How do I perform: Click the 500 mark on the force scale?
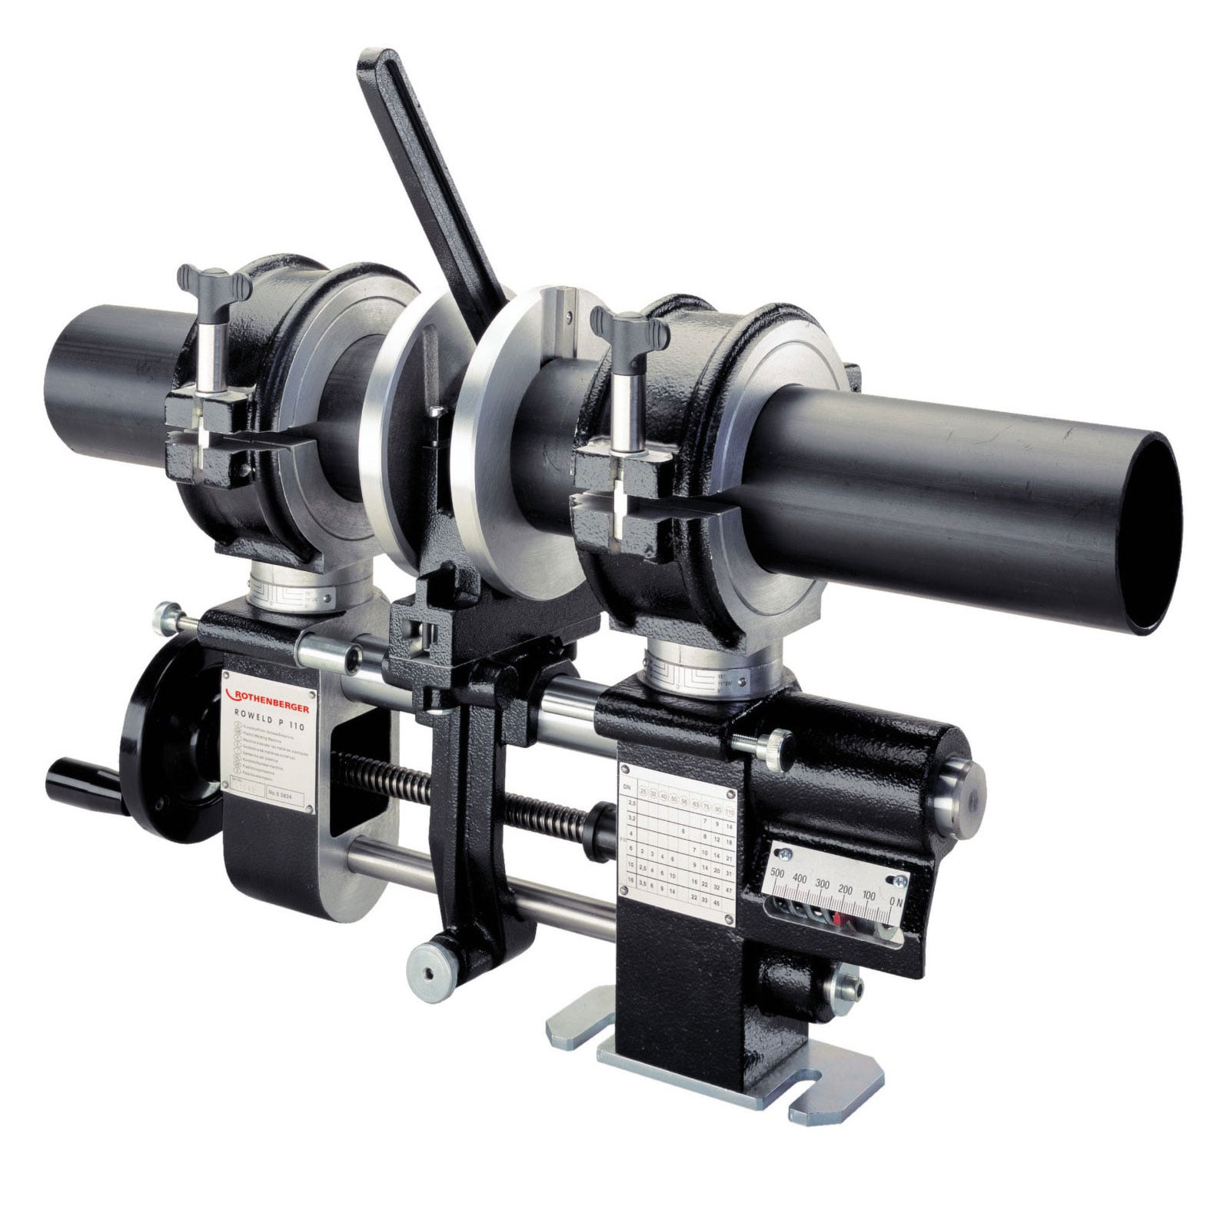point(776,873)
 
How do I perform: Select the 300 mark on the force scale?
point(823,883)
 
